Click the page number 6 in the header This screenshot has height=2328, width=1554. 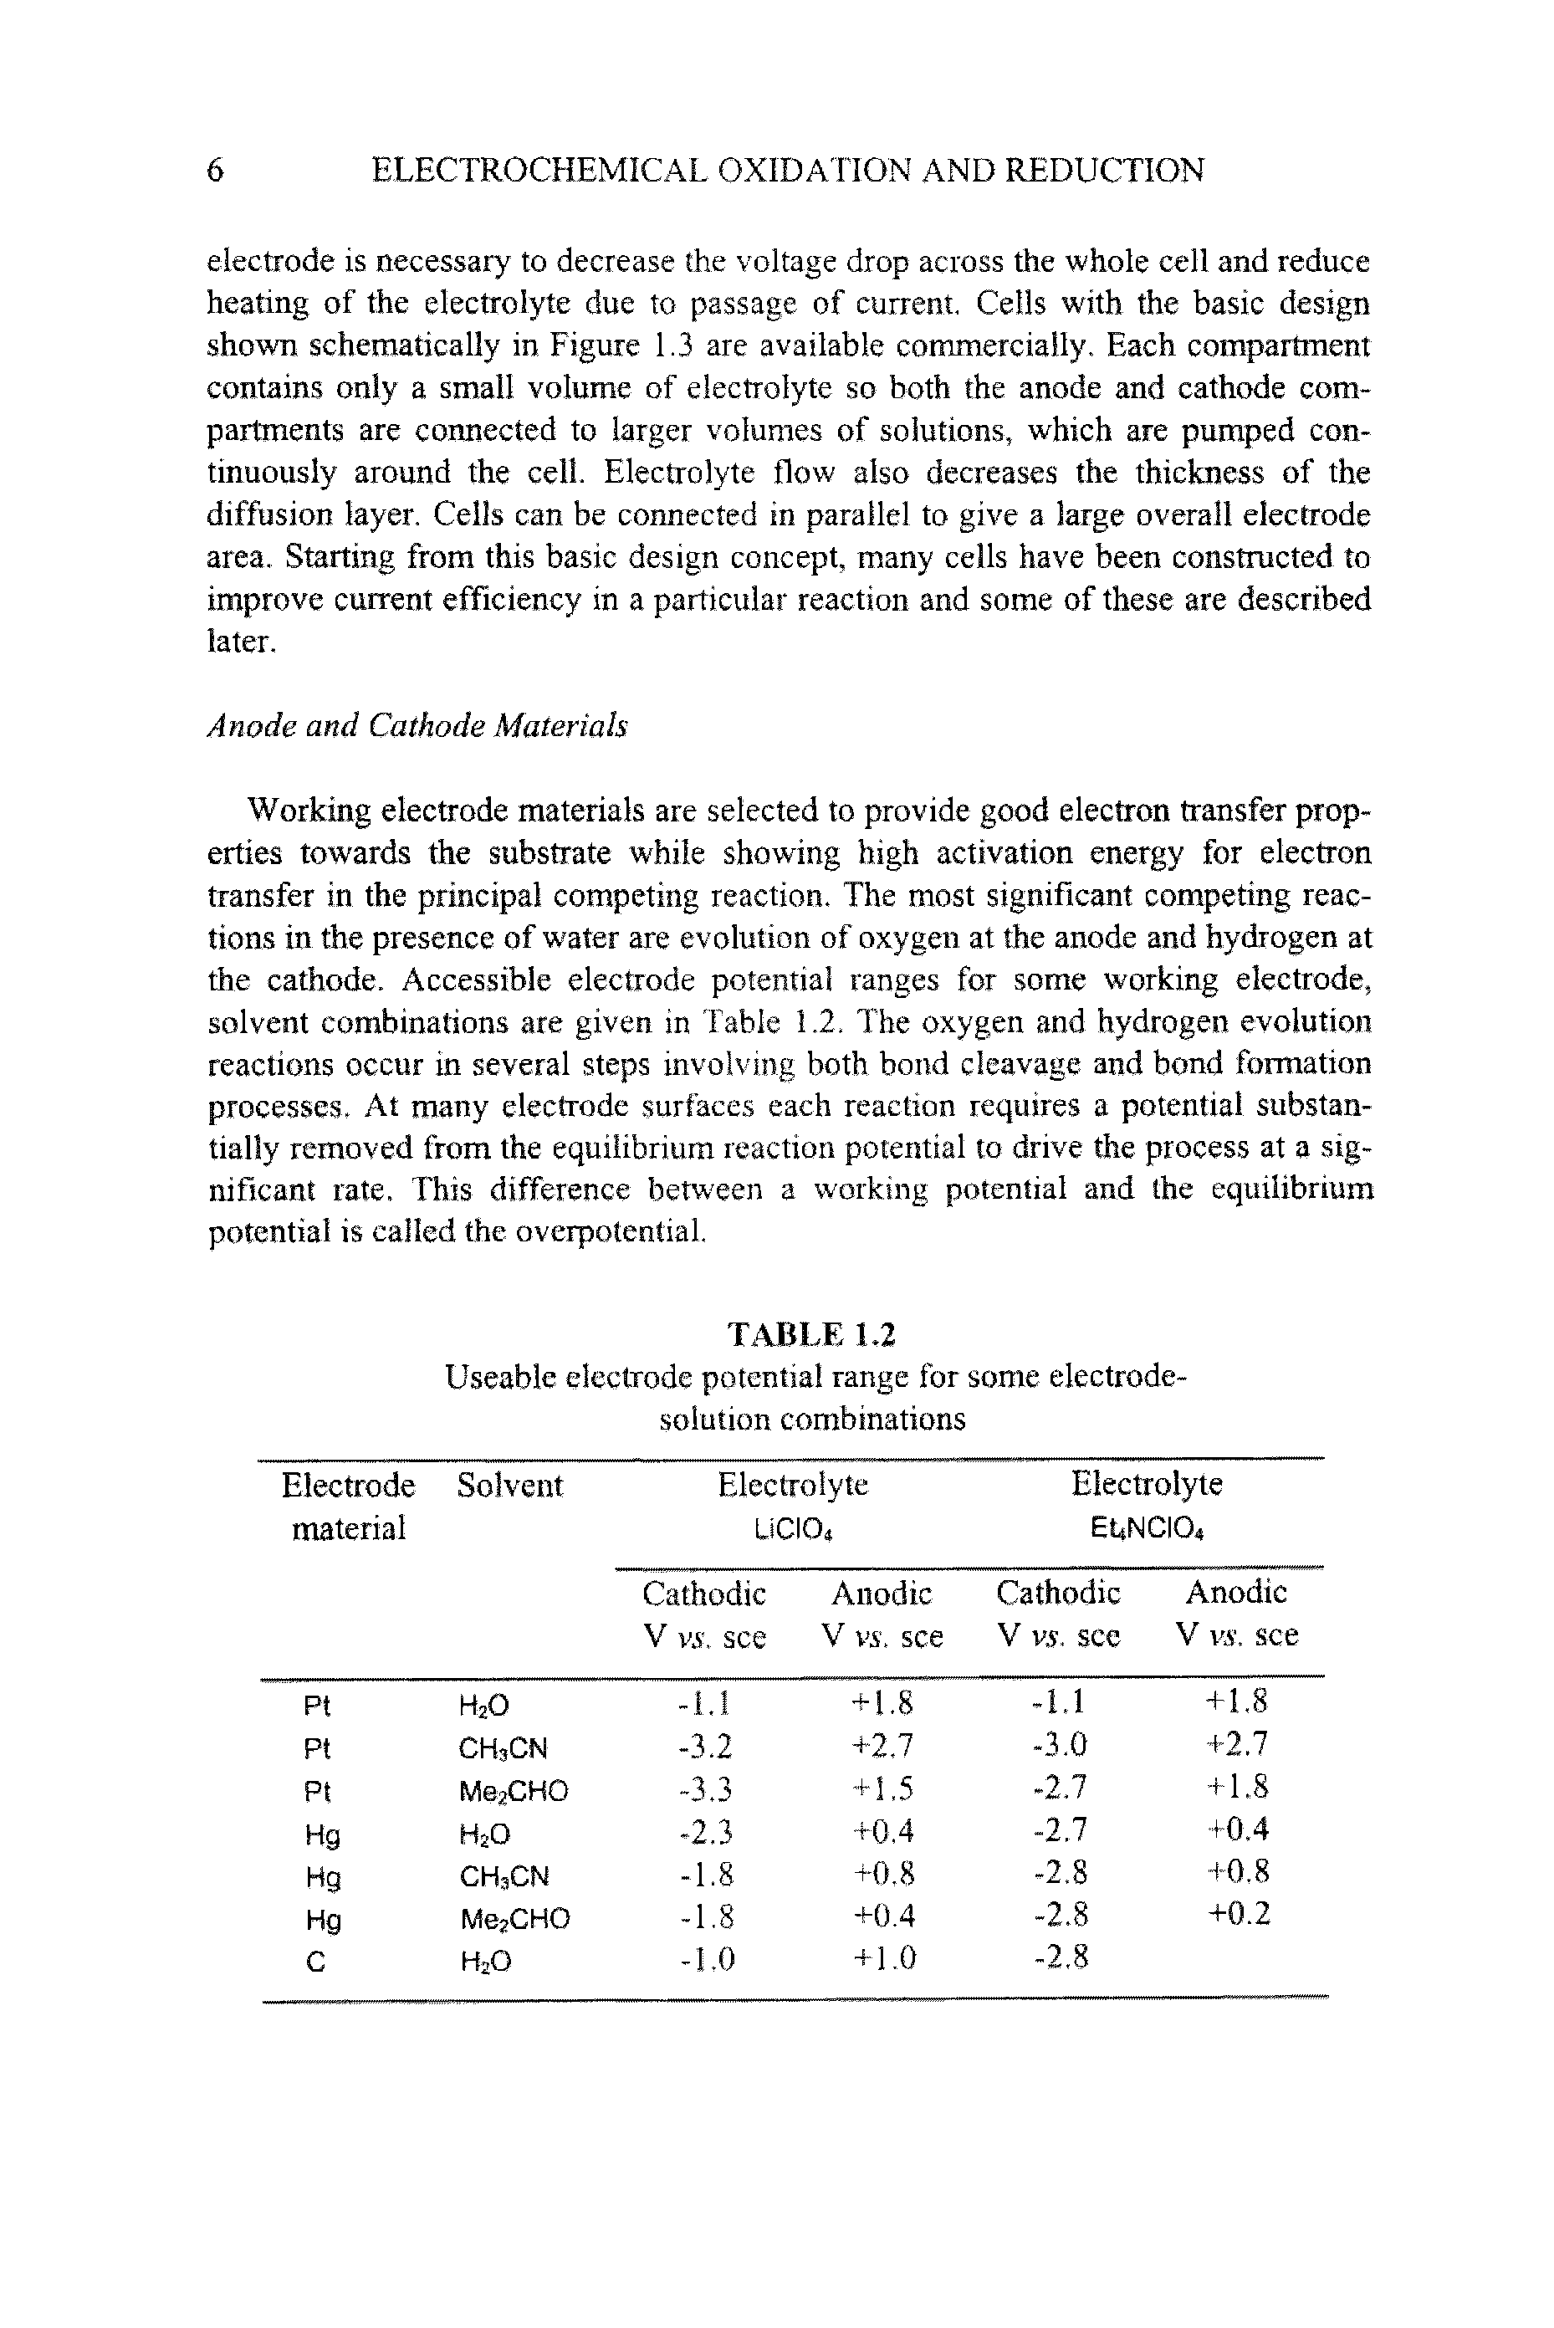click(x=215, y=171)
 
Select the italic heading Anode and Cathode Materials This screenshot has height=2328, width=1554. click(x=417, y=726)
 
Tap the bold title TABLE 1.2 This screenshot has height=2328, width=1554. click(x=811, y=1334)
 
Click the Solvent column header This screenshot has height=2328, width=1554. click(x=509, y=1485)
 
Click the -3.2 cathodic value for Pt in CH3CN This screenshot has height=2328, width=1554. click(x=704, y=1745)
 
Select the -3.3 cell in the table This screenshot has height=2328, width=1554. click(x=704, y=1788)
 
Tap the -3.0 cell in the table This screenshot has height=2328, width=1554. click(x=1059, y=1744)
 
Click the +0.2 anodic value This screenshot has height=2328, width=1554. click(x=1237, y=1914)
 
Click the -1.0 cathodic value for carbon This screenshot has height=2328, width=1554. click(x=704, y=1959)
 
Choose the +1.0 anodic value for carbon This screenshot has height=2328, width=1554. click(x=882, y=1959)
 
